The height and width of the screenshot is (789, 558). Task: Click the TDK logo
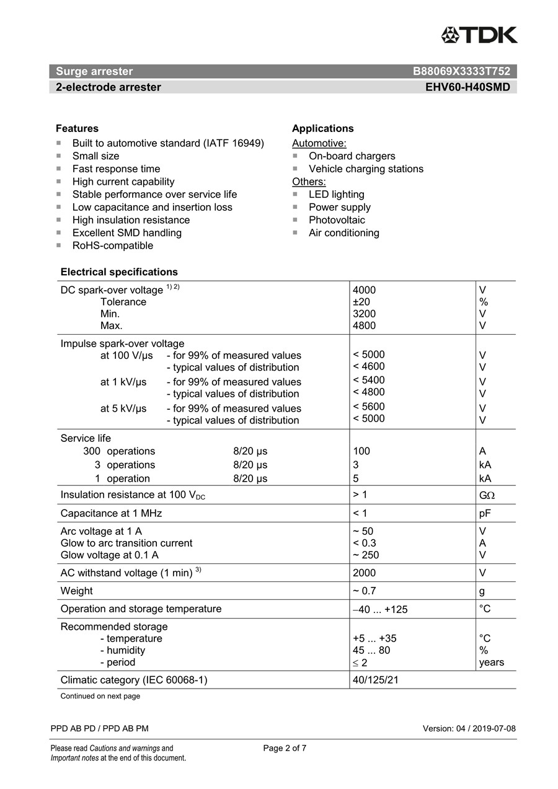click(479, 35)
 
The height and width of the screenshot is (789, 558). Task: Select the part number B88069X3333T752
click(461, 71)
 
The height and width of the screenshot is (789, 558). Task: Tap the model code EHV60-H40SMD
click(467, 87)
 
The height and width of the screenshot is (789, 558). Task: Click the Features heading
click(77, 128)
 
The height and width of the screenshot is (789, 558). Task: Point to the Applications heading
click(322, 128)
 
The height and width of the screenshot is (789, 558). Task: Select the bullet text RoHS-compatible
click(112, 245)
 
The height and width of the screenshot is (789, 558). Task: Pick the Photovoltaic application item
click(337, 220)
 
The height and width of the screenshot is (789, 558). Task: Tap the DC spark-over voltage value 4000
click(364, 290)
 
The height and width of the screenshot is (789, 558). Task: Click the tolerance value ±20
click(361, 302)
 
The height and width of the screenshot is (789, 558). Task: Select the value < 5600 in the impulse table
click(368, 407)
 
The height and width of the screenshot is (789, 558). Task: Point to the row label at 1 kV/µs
click(123, 382)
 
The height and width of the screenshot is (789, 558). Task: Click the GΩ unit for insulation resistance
click(487, 495)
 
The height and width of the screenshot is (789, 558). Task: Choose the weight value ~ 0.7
click(364, 591)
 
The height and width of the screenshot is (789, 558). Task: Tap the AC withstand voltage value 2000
click(364, 573)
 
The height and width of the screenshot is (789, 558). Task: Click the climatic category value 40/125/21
click(375, 680)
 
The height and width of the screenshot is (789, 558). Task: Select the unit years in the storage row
click(491, 662)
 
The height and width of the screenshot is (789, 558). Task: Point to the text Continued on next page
click(100, 696)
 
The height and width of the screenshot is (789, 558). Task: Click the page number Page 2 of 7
click(285, 748)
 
